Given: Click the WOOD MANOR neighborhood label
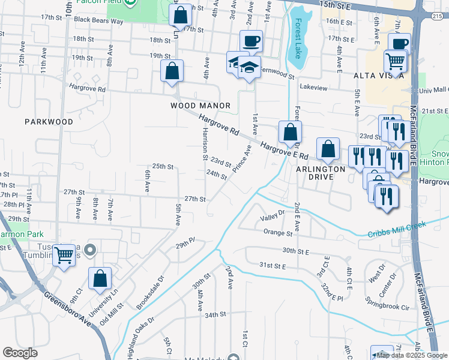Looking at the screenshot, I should pyautogui.click(x=200, y=106).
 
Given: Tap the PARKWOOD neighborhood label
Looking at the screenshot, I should pyautogui.click(x=49, y=121).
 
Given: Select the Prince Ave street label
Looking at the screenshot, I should pyautogui.click(x=243, y=158).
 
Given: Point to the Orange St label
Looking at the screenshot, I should pyautogui.click(x=273, y=232).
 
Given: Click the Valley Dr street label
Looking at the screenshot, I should pyautogui.click(x=272, y=212).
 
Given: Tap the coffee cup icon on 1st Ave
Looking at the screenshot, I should pyautogui.click(x=251, y=41).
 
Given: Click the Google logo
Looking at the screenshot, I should pyautogui.click(x=20, y=353).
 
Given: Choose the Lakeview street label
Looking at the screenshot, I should pyautogui.click(x=313, y=88).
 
